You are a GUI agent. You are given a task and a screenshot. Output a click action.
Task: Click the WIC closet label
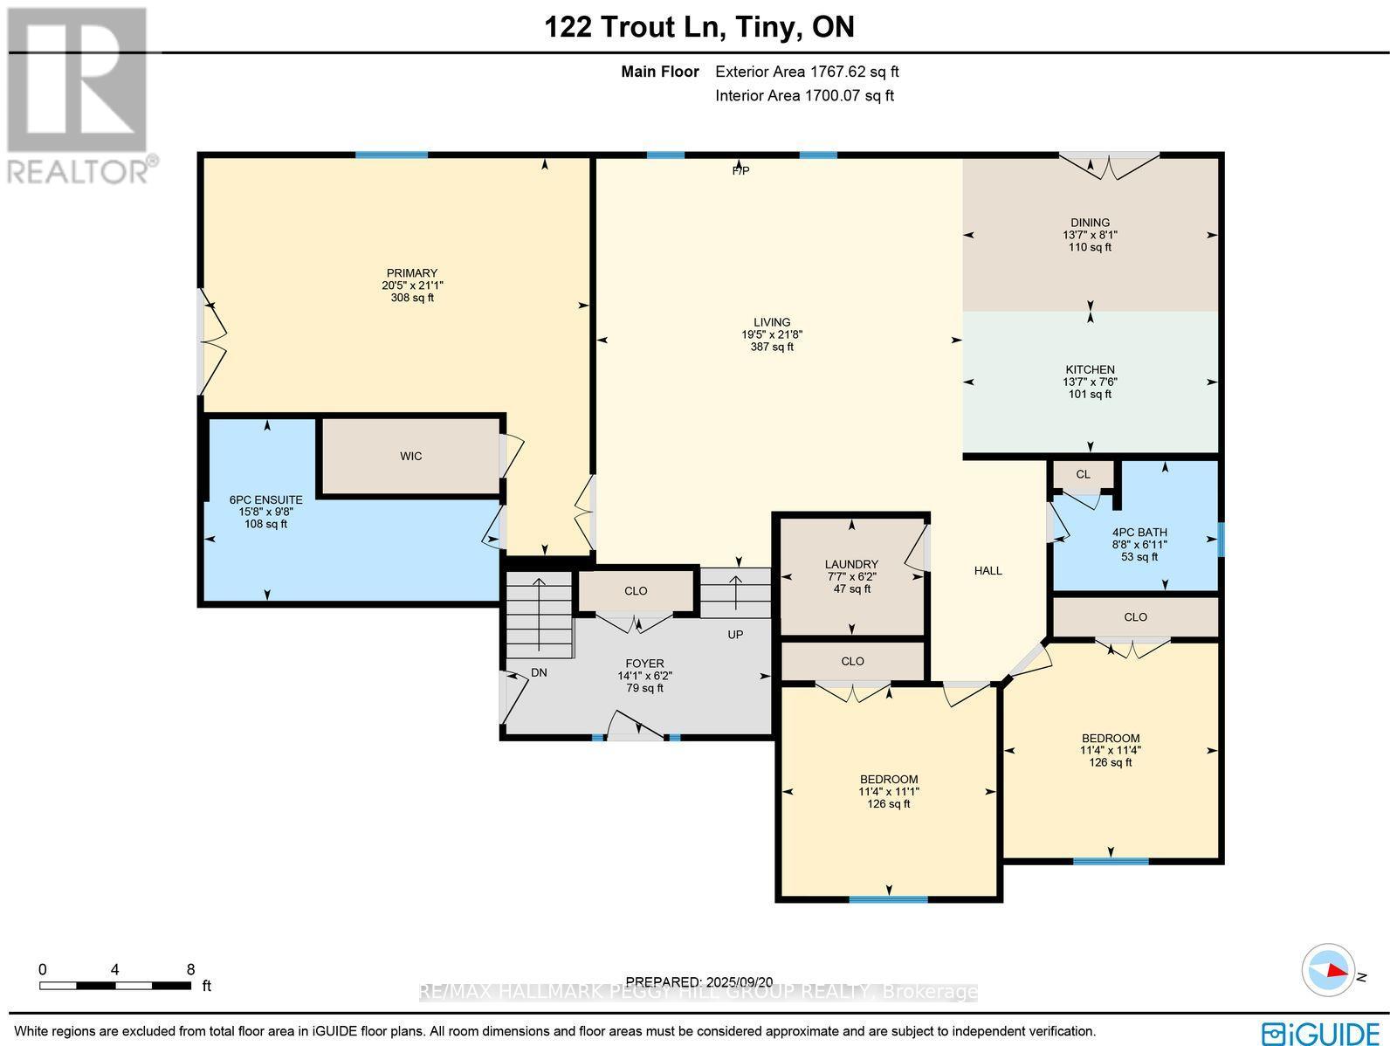point(410,457)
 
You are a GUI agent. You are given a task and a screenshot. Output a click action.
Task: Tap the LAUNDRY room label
point(851,565)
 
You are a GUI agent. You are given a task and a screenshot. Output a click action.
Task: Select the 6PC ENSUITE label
point(265,500)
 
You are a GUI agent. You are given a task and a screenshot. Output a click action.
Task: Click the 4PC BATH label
point(1139,533)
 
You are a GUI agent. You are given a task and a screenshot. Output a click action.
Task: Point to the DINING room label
point(1090,223)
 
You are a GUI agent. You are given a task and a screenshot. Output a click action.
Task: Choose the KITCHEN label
point(1090,369)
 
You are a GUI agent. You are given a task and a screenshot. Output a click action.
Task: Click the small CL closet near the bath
point(1083,475)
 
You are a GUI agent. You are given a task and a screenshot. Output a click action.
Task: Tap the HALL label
point(988,571)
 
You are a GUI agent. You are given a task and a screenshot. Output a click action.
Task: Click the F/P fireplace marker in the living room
point(740,171)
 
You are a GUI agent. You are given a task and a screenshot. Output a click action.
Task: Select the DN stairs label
point(540,673)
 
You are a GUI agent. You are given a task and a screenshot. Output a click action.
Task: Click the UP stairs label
point(735,635)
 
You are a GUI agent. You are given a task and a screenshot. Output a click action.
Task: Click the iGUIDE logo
point(1321,1031)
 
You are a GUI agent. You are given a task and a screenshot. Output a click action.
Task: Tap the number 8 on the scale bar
point(190,969)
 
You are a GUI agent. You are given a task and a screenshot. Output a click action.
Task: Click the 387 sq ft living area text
point(772,347)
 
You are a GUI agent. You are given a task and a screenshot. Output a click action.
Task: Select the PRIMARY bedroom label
point(412,273)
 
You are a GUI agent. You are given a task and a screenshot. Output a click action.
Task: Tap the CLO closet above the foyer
point(636,591)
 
